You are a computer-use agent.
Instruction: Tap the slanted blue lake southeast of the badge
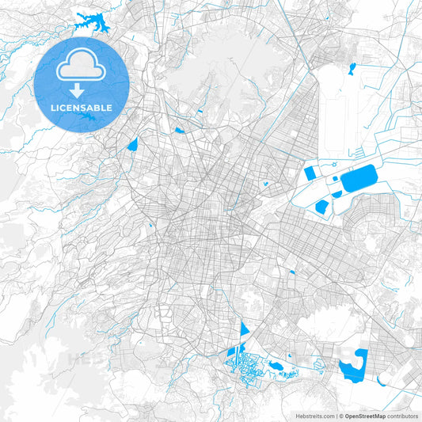(x=131, y=144)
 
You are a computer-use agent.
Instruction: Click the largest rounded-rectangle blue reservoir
(x=360, y=179)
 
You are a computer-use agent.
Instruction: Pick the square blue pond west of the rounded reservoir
(x=310, y=173)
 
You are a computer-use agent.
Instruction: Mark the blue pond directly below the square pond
(x=321, y=207)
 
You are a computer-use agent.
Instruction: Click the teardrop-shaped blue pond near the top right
(x=352, y=67)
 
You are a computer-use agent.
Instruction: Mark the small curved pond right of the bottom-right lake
(x=382, y=380)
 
